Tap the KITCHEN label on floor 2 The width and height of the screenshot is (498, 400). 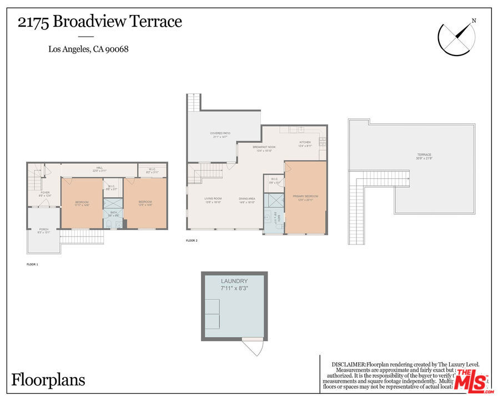coord(305,143)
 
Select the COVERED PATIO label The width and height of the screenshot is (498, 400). coord(220,133)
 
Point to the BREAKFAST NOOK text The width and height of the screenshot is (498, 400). coord(264,147)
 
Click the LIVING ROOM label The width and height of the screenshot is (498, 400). coord(213,198)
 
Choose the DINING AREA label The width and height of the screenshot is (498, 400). coord(247,198)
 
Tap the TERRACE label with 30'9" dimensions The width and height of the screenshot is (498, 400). coord(424,155)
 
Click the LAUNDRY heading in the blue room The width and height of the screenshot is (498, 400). coord(234,282)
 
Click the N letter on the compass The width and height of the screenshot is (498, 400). coord(474,21)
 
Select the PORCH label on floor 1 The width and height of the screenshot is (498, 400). coord(43,229)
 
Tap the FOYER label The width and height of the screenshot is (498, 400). coord(45,192)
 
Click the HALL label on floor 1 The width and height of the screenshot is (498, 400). coord(99,168)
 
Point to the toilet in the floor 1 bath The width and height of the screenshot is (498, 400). coord(109,223)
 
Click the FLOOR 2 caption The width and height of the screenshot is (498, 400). coord(192,241)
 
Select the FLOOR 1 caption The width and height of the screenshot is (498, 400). coord(32,264)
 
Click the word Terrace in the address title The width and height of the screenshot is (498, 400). coord(156,22)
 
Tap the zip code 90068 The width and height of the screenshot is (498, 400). coord(118,49)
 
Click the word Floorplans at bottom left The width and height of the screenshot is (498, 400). coord(48,380)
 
